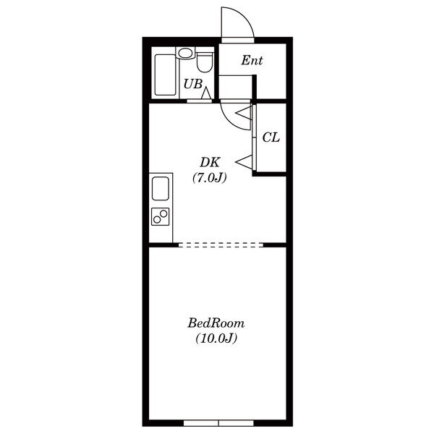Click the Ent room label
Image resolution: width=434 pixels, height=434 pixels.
(x=252, y=60)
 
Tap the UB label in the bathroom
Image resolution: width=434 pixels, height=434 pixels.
(x=193, y=84)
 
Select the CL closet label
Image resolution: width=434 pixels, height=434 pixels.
(x=271, y=137)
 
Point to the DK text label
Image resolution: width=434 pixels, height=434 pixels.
(x=210, y=163)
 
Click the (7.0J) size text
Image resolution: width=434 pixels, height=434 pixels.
(x=210, y=177)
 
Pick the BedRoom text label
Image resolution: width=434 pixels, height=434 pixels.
(x=216, y=323)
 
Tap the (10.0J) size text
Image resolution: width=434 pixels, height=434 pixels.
(x=216, y=338)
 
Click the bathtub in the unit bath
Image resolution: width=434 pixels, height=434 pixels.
(x=165, y=75)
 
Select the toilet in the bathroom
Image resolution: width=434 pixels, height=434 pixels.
(x=204, y=62)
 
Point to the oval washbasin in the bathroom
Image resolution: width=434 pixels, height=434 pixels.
(x=185, y=53)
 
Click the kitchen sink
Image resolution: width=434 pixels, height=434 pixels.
(x=161, y=188)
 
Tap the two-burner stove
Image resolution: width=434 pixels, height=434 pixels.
(x=161, y=216)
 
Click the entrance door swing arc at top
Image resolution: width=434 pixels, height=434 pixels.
(x=245, y=17)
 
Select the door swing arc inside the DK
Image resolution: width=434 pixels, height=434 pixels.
(x=230, y=121)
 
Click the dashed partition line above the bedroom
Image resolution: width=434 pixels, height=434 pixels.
(x=221, y=244)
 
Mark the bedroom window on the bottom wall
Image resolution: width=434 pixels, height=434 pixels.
(x=218, y=423)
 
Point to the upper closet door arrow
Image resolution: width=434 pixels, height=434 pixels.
(x=244, y=113)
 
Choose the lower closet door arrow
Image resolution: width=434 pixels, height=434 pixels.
(x=244, y=161)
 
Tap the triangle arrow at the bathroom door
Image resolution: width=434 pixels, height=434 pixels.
(x=206, y=93)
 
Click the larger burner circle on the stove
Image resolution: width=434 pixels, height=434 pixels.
(x=163, y=213)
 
